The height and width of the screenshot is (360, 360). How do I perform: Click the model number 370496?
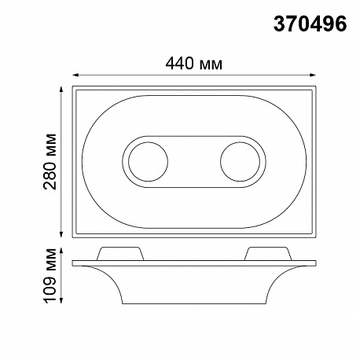[x=310, y=24]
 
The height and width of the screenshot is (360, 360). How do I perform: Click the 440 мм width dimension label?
[x=194, y=64]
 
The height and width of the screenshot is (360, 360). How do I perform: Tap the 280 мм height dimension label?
[x=50, y=162]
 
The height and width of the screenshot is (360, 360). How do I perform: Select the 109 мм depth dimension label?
[x=50, y=276]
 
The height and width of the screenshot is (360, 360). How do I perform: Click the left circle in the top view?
[x=148, y=162]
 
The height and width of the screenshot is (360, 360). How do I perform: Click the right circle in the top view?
[x=241, y=162]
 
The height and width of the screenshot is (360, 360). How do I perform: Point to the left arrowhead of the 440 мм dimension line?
[x=75, y=75]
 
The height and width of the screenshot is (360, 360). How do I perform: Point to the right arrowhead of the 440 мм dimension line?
[x=313, y=75]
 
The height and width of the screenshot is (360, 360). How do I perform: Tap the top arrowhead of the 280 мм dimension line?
[x=61, y=90]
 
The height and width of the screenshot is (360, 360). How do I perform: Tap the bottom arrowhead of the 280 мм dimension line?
[x=61, y=234]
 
